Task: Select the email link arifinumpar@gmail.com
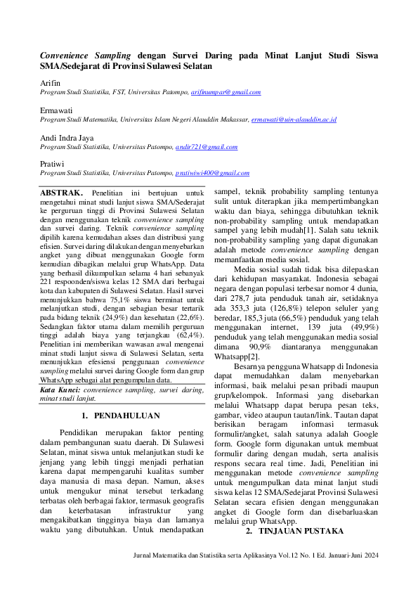click(226, 92)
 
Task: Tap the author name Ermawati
click(55, 110)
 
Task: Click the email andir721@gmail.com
click(205, 147)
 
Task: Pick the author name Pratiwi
click(53, 163)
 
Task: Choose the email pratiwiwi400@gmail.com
click(212, 172)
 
